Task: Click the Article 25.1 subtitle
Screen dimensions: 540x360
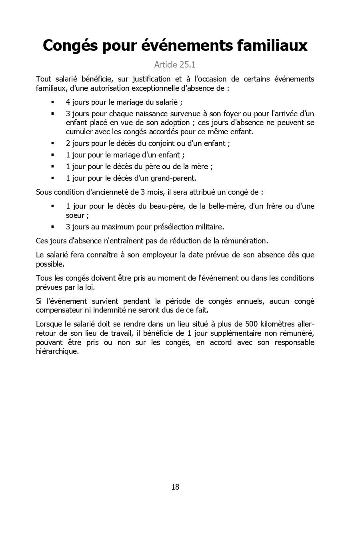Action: click(175, 65)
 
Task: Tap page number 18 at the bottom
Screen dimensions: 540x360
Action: click(175, 487)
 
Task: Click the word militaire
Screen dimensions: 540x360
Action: click(209, 227)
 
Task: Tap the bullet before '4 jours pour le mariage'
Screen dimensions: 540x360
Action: click(52, 102)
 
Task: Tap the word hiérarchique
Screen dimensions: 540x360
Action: click(57, 352)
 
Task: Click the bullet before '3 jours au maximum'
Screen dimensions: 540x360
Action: click(52, 227)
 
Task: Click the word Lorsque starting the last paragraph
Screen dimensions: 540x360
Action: click(49, 324)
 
